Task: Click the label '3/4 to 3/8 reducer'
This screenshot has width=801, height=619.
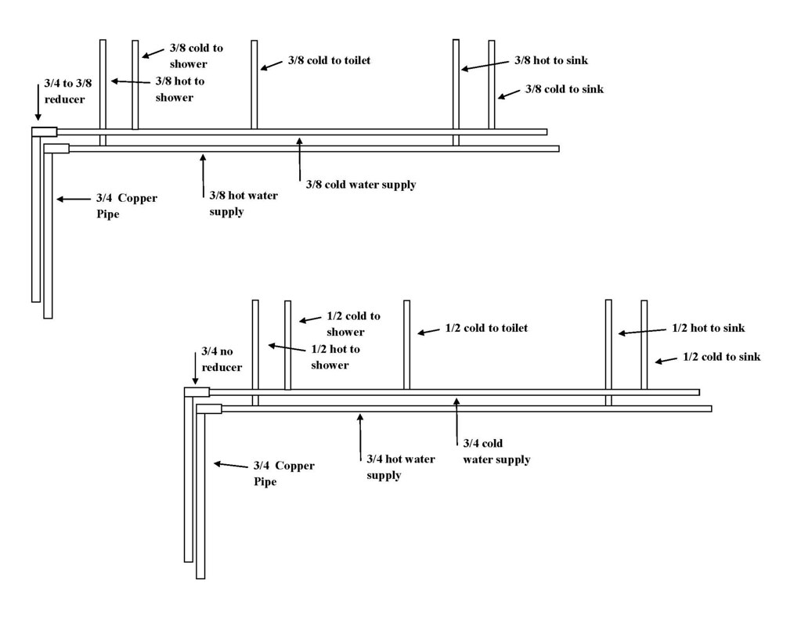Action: [x=64, y=91]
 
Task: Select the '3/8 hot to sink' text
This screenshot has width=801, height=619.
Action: [x=551, y=61]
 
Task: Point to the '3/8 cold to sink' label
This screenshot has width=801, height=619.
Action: [x=564, y=89]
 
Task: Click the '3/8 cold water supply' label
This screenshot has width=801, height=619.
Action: [x=360, y=185]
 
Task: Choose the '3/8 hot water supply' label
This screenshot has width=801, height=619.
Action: [x=243, y=203]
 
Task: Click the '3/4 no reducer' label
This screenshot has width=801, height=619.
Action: [x=222, y=360]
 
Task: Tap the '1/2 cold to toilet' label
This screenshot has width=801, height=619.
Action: [x=486, y=328]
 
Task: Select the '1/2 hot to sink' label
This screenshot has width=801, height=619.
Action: [x=708, y=329]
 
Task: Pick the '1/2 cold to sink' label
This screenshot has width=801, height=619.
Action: [x=721, y=357]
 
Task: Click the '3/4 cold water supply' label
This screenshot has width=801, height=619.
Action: [x=496, y=452]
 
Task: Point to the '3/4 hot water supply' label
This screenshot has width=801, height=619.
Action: [x=401, y=467]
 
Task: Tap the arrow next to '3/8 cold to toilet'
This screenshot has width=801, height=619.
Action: [x=270, y=65]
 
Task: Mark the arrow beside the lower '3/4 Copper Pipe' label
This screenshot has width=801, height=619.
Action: [x=229, y=465]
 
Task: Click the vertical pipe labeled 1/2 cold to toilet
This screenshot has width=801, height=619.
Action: [x=406, y=344]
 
